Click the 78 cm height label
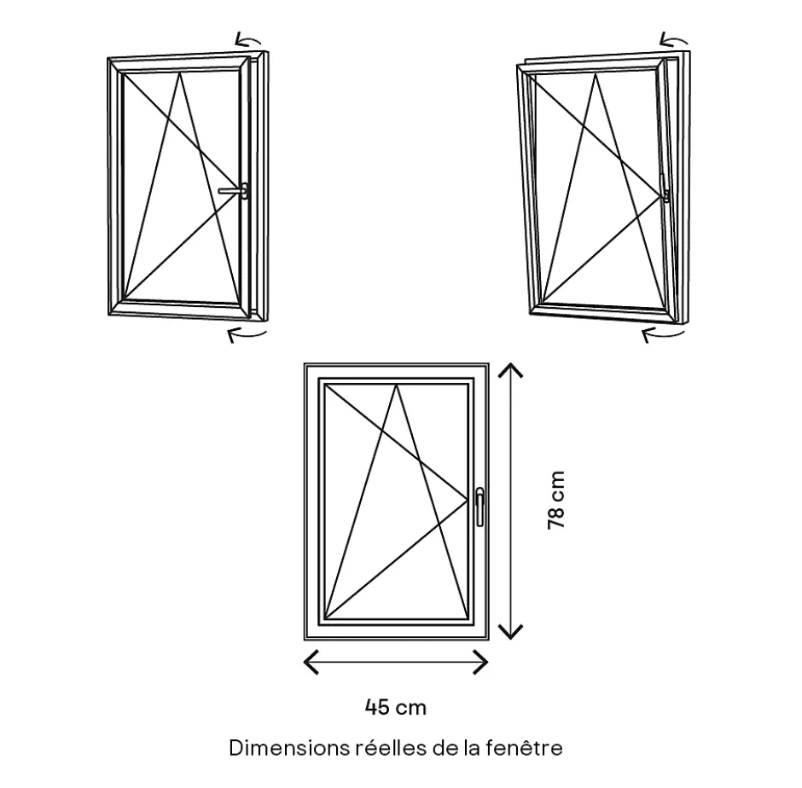(556, 500)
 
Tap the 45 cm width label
(396, 707)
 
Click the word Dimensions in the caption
(288, 749)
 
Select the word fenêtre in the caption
(530, 749)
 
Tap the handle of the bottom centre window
(479, 505)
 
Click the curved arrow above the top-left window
(248, 39)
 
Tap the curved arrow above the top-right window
(674, 39)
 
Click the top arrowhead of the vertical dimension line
(510, 369)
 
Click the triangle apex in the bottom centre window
(397, 385)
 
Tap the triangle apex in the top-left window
(181, 74)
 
